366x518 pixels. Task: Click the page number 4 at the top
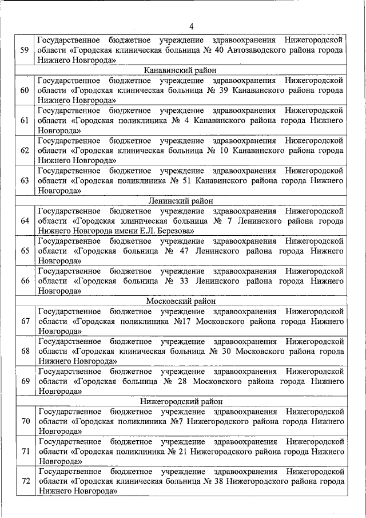coord(192,26)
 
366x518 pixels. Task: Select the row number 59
coord(25,50)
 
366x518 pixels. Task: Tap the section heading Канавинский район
coord(180,70)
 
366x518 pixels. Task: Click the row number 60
coord(25,90)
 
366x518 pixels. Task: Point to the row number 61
coord(25,120)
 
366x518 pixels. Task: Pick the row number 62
coord(25,151)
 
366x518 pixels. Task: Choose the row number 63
coord(25,181)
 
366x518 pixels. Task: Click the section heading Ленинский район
coord(180,201)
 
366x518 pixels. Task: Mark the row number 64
coord(25,221)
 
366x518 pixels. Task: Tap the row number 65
coord(25,251)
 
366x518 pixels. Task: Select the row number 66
coord(25,281)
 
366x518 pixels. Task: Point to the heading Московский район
coord(180,301)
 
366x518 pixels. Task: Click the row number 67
coord(25,321)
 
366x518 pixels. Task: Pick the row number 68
coord(25,351)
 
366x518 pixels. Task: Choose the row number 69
coord(25,381)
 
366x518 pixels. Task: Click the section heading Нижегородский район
coord(180,401)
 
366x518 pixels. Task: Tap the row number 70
coord(25,422)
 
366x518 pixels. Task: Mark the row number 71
coord(25,452)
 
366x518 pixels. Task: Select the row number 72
coord(25,481)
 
